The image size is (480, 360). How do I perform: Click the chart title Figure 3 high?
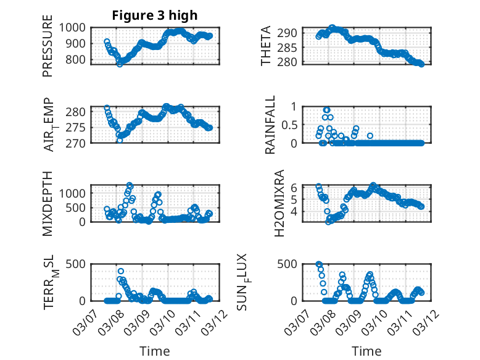154,15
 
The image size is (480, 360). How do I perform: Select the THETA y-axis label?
266,46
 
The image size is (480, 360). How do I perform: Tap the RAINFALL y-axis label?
270,125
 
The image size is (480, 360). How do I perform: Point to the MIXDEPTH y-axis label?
48,203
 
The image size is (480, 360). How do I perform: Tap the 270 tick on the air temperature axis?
79,143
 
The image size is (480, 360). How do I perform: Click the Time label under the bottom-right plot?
366,351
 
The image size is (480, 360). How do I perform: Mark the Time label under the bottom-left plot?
154,351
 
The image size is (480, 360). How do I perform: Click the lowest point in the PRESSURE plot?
120,64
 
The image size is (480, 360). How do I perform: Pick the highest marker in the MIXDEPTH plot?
130,185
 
